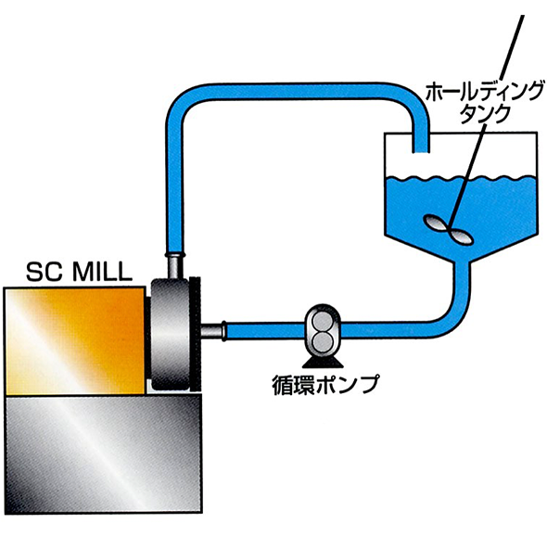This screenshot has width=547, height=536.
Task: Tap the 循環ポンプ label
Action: click(325, 384)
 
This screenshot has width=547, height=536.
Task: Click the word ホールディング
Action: click(485, 92)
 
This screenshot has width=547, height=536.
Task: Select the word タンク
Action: click(484, 113)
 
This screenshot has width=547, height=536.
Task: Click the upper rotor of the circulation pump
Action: click(322, 320)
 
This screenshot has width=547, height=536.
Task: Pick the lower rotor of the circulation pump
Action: click(322, 339)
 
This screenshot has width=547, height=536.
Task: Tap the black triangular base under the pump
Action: click(323, 362)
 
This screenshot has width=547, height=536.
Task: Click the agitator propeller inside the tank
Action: click(449, 228)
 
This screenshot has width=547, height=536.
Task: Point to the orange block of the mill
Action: click(75, 341)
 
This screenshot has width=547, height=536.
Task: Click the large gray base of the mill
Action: click(103, 453)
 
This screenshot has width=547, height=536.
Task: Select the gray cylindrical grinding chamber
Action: click(170, 334)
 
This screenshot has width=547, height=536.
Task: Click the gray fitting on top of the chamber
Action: click(175, 266)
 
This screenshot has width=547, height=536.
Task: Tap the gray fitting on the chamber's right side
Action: click(213, 331)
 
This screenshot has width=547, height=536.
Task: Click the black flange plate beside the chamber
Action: click(195, 334)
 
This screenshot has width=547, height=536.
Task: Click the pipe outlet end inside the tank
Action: click(421, 151)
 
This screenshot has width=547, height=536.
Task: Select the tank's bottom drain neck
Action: click(462, 270)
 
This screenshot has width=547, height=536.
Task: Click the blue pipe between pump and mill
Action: click(266, 330)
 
